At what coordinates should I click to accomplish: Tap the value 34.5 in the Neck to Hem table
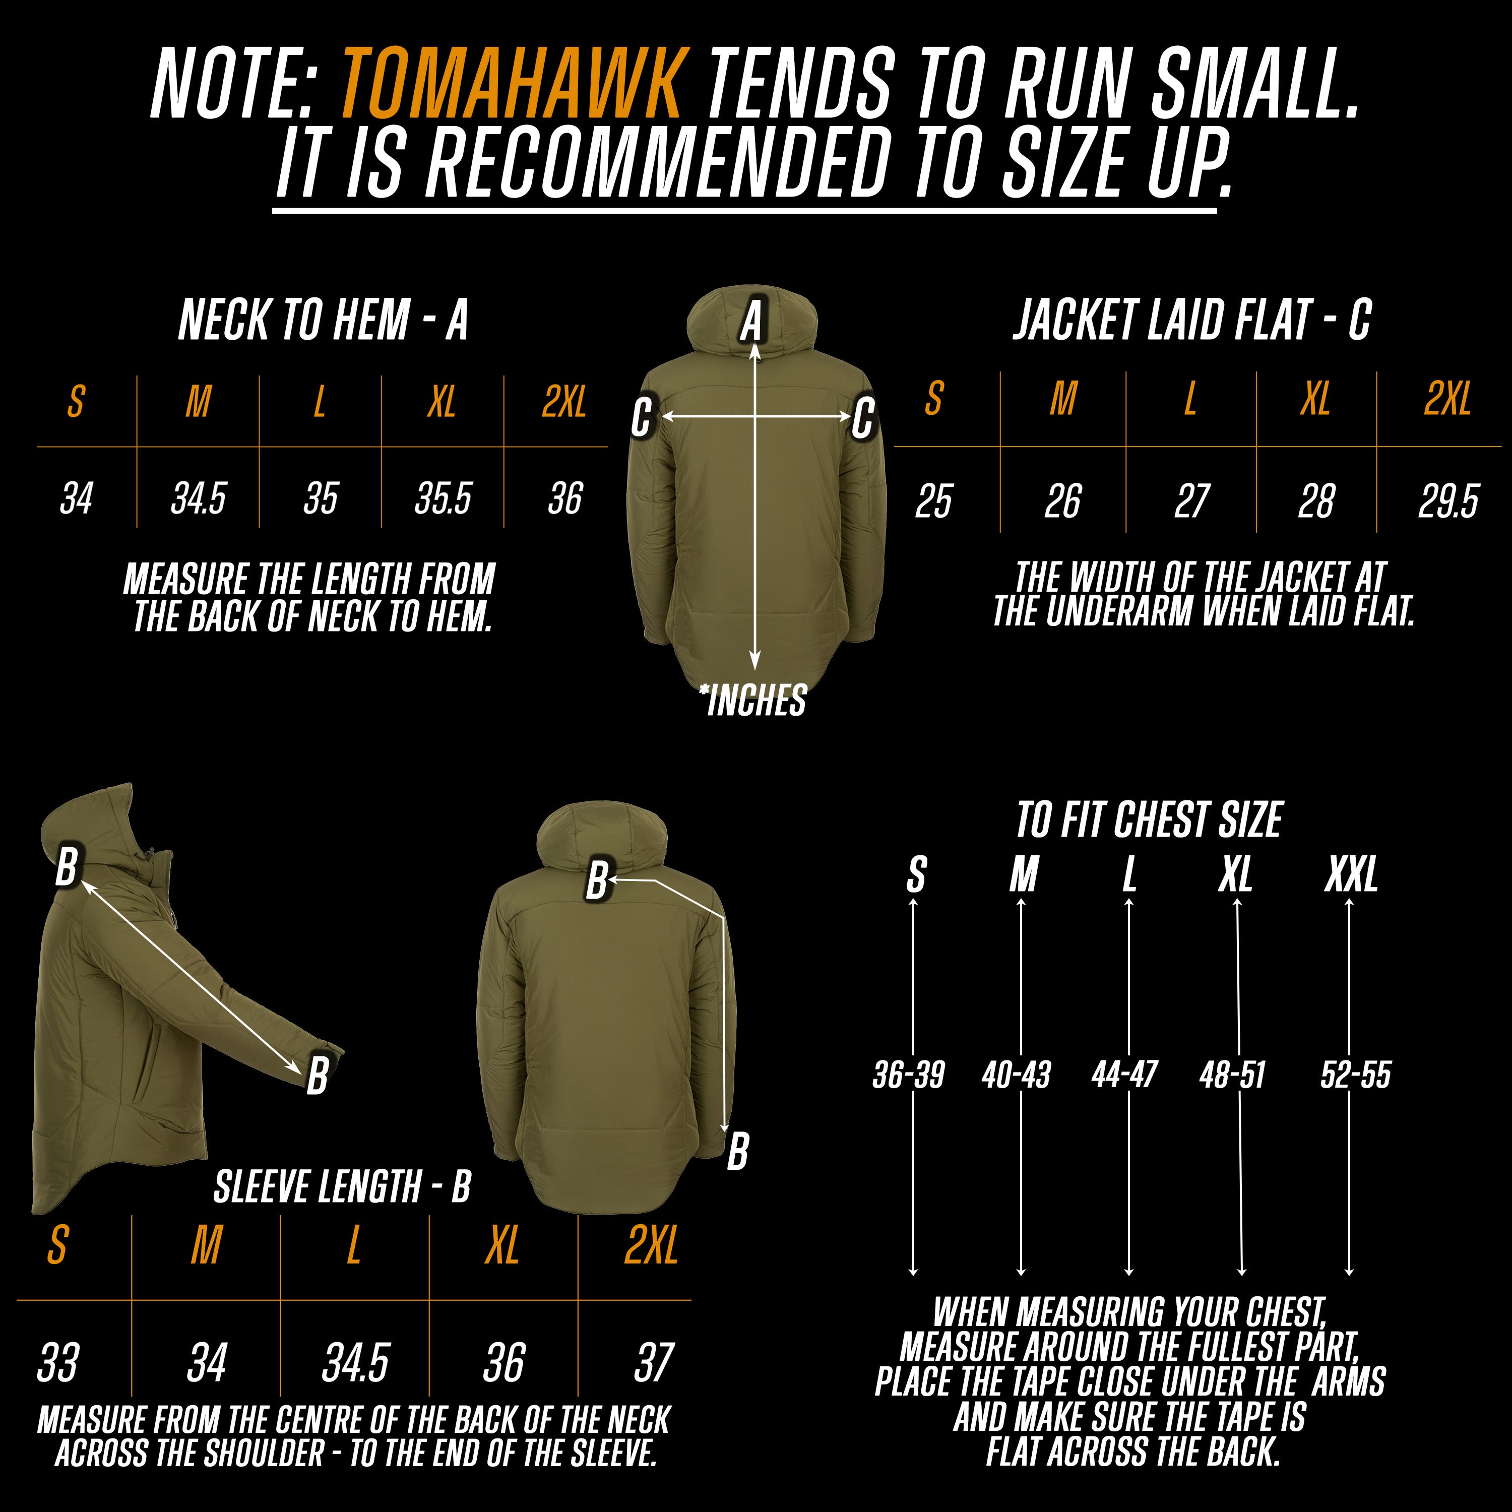(x=198, y=498)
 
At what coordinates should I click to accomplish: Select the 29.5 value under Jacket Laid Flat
(x=1448, y=501)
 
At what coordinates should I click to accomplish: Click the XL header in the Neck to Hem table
(x=442, y=402)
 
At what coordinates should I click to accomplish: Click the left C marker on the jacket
(x=641, y=417)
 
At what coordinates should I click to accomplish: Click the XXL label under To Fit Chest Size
(x=1351, y=875)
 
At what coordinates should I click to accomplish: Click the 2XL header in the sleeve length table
(x=651, y=1245)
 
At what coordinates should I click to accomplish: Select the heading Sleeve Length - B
(x=342, y=1186)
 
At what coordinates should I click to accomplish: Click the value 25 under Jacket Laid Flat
(x=933, y=501)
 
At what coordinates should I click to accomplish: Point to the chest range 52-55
(x=1355, y=1075)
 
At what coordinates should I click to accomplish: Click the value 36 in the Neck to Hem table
(x=564, y=498)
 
